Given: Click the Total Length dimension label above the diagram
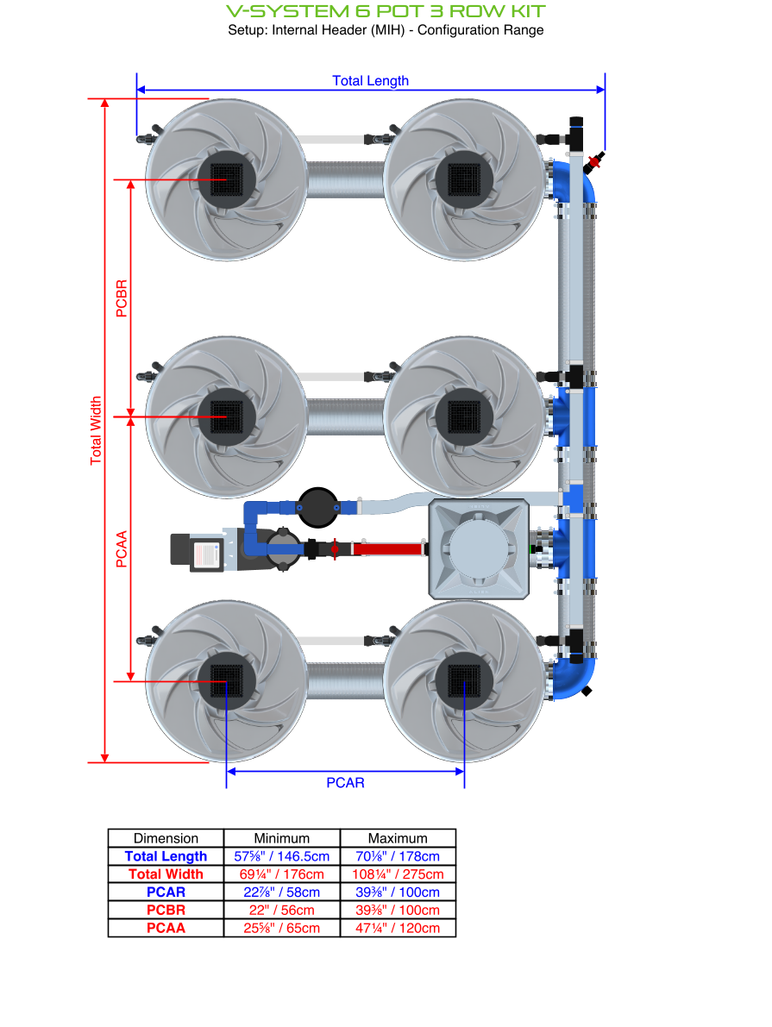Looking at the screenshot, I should [371, 81].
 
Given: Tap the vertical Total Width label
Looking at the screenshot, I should [97, 430].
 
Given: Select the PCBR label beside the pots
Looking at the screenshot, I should [122, 298].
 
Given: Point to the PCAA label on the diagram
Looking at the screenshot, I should [122, 549].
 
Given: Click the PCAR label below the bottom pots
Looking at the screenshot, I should [345, 783].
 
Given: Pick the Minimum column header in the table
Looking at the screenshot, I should [281, 838].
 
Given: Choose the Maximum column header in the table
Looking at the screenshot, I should [398, 838].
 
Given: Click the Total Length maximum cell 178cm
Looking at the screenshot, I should [398, 856].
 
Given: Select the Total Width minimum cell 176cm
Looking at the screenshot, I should [281, 874].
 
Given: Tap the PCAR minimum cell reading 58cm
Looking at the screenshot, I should [281, 892].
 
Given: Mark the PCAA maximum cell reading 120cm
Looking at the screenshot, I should [398, 929].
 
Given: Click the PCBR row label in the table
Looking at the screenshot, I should [166, 911].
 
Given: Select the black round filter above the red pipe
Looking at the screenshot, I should [318, 506].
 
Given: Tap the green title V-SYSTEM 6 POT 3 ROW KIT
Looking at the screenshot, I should [386, 11].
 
